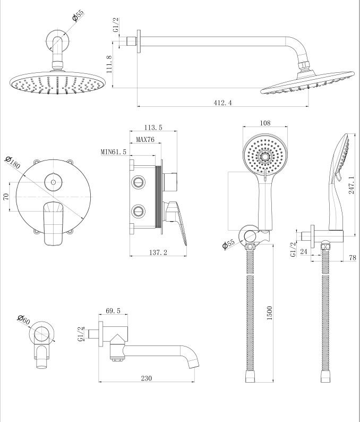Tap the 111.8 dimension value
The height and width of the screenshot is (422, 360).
point(109,63)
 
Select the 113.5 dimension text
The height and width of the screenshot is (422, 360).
point(153,128)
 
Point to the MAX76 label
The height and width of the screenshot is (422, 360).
point(144,140)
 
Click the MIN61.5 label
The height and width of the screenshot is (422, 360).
point(114,152)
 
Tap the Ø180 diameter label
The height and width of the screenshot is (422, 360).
point(12,163)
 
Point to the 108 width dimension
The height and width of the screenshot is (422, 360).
point(264,123)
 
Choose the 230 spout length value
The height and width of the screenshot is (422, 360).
point(147,378)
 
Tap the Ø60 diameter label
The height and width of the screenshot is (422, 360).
point(24,320)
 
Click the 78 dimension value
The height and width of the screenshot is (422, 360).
point(352,258)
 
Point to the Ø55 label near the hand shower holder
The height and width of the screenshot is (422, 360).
point(229,244)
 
